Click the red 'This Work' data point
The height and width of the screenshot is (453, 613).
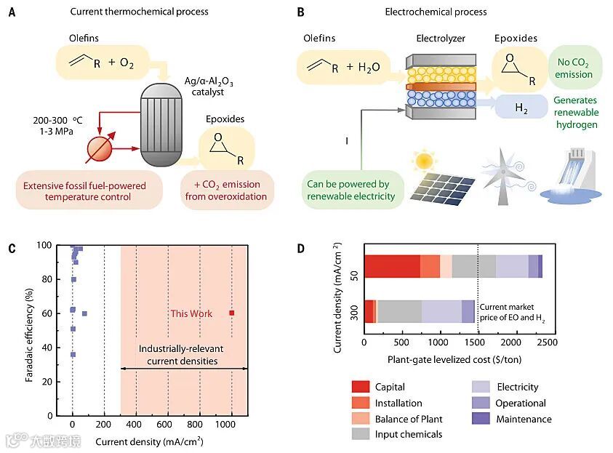pyautogui.click(x=232, y=313)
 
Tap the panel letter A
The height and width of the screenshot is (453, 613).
pyautogui.click(x=11, y=12)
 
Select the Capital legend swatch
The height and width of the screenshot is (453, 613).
pyautogui.click(x=361, y=387)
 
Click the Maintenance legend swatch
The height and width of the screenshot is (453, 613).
pyautogui.click(x=483, y=419)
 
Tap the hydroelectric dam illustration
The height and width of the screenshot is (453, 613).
pyautogui.click(x=573, y=178)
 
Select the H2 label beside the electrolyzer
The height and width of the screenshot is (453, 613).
pyautogui.click(x=521, y=108)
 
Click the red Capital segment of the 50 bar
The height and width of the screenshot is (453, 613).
pyautogui.click(x=392, y=266)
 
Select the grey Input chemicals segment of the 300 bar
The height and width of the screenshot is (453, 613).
pyautogui.click(x=399, y=310)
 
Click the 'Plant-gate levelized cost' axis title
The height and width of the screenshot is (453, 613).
pyautogui.click(x=455, y=359)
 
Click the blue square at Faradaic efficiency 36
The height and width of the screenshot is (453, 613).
pyautogui.click(x=73, y=354)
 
